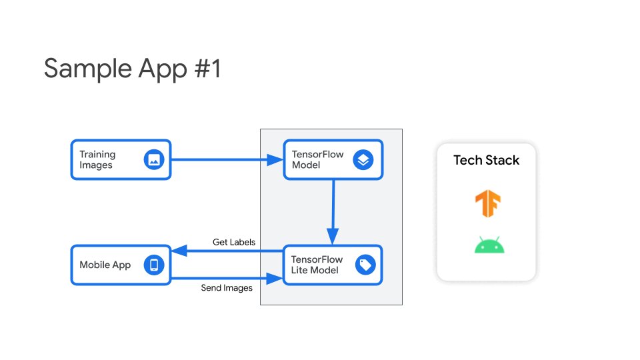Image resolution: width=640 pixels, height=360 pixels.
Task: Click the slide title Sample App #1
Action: point(132,69)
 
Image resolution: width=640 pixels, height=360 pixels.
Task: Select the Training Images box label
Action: point(97,159)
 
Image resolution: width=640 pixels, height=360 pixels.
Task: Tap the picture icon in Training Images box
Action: point(154,159)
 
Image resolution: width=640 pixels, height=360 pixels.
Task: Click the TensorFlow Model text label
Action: point(317,159)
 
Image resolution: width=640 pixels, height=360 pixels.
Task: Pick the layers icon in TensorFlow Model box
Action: point(363,159)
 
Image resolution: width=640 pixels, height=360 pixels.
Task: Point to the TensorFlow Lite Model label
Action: point(317,265)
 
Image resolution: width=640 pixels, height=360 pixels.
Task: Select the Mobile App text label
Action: point(105,265)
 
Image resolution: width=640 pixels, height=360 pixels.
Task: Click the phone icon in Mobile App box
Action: point(154,265)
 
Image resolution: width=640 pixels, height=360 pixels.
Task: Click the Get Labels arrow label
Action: point(233,241)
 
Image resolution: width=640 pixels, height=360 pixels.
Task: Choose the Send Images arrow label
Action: point(227,288)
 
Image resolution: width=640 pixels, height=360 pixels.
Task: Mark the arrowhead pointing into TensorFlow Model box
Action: point(276,159)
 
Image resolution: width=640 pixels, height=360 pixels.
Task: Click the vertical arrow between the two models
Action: point(333,207)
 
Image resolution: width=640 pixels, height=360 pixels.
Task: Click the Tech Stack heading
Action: point(486,160)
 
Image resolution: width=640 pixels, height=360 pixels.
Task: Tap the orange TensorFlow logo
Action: point(488,204)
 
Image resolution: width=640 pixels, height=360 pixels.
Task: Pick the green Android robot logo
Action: point(489,246)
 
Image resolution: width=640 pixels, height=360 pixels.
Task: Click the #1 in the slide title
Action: point(204,69)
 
